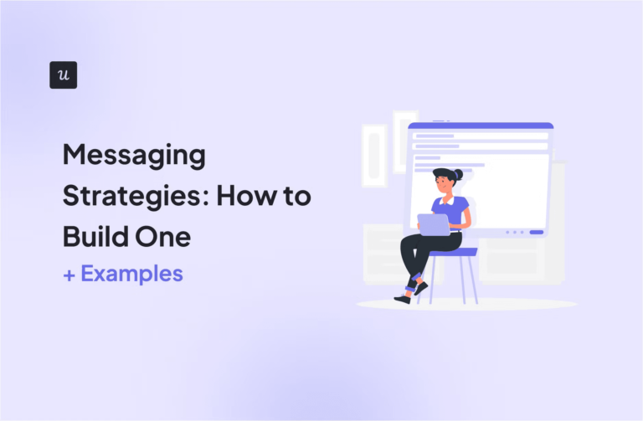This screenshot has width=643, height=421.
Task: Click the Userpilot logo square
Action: pyautogui.click(x=63, y=74)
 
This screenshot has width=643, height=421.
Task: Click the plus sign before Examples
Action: pyautogui.click(x=69, y=275)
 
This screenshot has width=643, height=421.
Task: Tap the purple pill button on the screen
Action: pyautogui.click(x=537, y=232)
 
